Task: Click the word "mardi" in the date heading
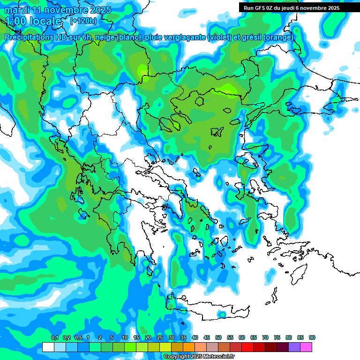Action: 17,10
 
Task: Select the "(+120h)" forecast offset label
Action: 83,21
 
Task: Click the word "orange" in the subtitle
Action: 279,37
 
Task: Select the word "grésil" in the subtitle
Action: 251,37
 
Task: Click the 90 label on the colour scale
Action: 312,337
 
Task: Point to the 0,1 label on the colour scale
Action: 54,337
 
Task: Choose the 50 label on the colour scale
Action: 218,337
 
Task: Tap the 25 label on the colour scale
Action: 160,337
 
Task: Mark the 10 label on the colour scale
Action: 125,337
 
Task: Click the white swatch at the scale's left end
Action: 48,347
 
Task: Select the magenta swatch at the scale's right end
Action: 306,347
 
